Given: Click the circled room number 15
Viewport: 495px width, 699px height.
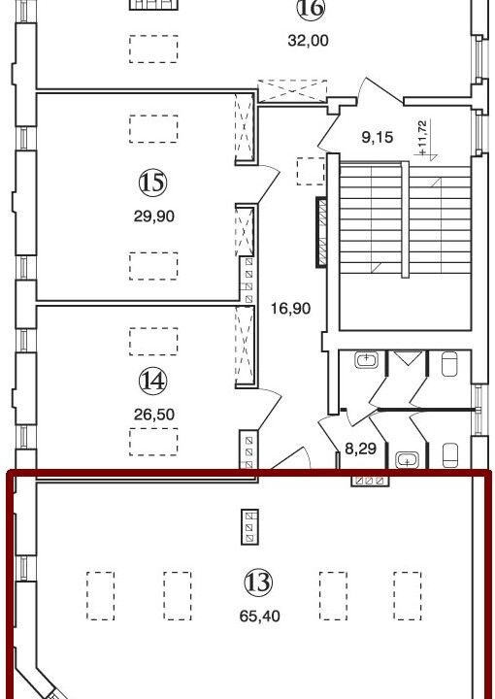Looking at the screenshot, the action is pyautogui.click(x=152, y=182).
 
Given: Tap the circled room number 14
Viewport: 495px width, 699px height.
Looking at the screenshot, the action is pyautogui.click(x=152, y=382).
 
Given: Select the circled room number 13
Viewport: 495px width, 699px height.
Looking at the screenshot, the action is pyautogui.click(x=258, y=582).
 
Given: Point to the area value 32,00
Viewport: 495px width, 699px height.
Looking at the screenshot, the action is pyautogui.click(x=308, y=41).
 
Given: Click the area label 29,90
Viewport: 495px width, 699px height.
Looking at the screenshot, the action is pyautogui.click(x=153, y=216).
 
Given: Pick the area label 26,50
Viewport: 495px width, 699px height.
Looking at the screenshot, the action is pyautogui.click(x=153, y=415).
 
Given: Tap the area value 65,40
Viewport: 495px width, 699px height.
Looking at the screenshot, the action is pyautogui.click(x=259, y=616).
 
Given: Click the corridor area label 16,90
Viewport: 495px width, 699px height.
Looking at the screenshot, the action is pyautogui.click(x=290, y=308).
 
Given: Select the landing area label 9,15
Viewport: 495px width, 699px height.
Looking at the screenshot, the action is pyautogui.click(x=377, y=137).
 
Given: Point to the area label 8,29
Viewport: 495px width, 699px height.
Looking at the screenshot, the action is pyautogui.click(x=360, y=449).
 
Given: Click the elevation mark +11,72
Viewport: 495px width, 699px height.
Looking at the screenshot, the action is pyautogui.click(x=423, y=137).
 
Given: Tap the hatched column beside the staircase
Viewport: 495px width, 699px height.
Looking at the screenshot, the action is pyautogui.click(x=321, y=232).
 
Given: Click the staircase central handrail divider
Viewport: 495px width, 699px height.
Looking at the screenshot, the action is pyautogui.click(x=405, y=219).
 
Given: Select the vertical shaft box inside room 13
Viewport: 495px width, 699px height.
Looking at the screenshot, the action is pyautogui.click(x=249, y=527).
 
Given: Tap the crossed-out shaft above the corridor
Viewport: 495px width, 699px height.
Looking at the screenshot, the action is pyautogui.click(x=292, y=91).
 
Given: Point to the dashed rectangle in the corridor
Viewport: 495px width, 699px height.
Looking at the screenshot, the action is pyautogui.click(x=311, y=171).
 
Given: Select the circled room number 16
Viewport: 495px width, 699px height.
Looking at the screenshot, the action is pyautogui.click(x=311, y=9).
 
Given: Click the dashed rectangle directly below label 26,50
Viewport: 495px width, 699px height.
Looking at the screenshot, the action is pyautogui.click(x=153, y=442).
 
